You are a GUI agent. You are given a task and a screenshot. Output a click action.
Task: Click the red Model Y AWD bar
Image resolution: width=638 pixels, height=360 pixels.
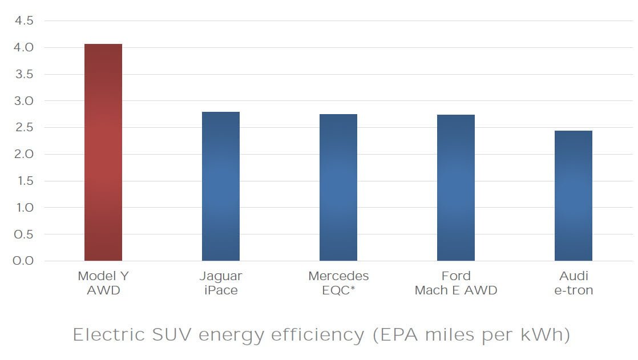tap(103, 152)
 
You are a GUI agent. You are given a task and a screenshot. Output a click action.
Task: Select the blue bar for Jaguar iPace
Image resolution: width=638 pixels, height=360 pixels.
tap(221, 187)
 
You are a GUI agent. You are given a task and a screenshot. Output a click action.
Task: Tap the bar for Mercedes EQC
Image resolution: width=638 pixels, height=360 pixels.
tap(338, 188)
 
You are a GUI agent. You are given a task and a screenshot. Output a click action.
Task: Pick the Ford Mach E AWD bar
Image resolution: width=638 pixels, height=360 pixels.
tap(456, 188)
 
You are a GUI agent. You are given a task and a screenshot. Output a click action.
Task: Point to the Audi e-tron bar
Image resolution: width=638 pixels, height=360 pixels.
tap(574, 196)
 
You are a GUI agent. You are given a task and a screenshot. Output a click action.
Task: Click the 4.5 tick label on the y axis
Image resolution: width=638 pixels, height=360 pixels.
tap(23, 21)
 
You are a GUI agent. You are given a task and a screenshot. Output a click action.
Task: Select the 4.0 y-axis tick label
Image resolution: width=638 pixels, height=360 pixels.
tap(23, 48)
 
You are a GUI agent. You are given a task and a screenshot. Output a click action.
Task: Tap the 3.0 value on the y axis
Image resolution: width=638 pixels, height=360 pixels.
tap(23, 101)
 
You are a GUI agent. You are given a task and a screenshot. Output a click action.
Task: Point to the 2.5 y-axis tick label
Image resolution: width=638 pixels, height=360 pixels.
tap(23, 128)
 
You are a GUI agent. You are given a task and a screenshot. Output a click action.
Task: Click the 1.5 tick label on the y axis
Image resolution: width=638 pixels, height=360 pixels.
tap(23, 181)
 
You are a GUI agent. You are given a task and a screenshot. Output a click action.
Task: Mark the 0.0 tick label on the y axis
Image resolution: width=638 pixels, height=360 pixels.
tap(23, 261)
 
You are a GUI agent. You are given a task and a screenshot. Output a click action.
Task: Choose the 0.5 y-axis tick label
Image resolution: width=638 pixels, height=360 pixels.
tap(23, 234)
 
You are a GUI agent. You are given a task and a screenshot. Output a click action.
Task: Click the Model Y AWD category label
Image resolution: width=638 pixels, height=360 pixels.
tap(103, 283)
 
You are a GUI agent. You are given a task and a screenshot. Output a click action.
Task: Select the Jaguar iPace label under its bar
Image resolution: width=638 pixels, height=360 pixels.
tap(221, 283)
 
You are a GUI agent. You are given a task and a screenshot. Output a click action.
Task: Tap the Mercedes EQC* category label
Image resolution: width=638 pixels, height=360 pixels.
tap(338, 283)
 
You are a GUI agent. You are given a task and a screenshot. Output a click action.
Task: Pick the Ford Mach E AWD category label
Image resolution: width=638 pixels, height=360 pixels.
tap(456, 283)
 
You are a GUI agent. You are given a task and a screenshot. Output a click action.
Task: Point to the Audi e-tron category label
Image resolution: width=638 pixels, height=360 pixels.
tap(574, 283)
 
